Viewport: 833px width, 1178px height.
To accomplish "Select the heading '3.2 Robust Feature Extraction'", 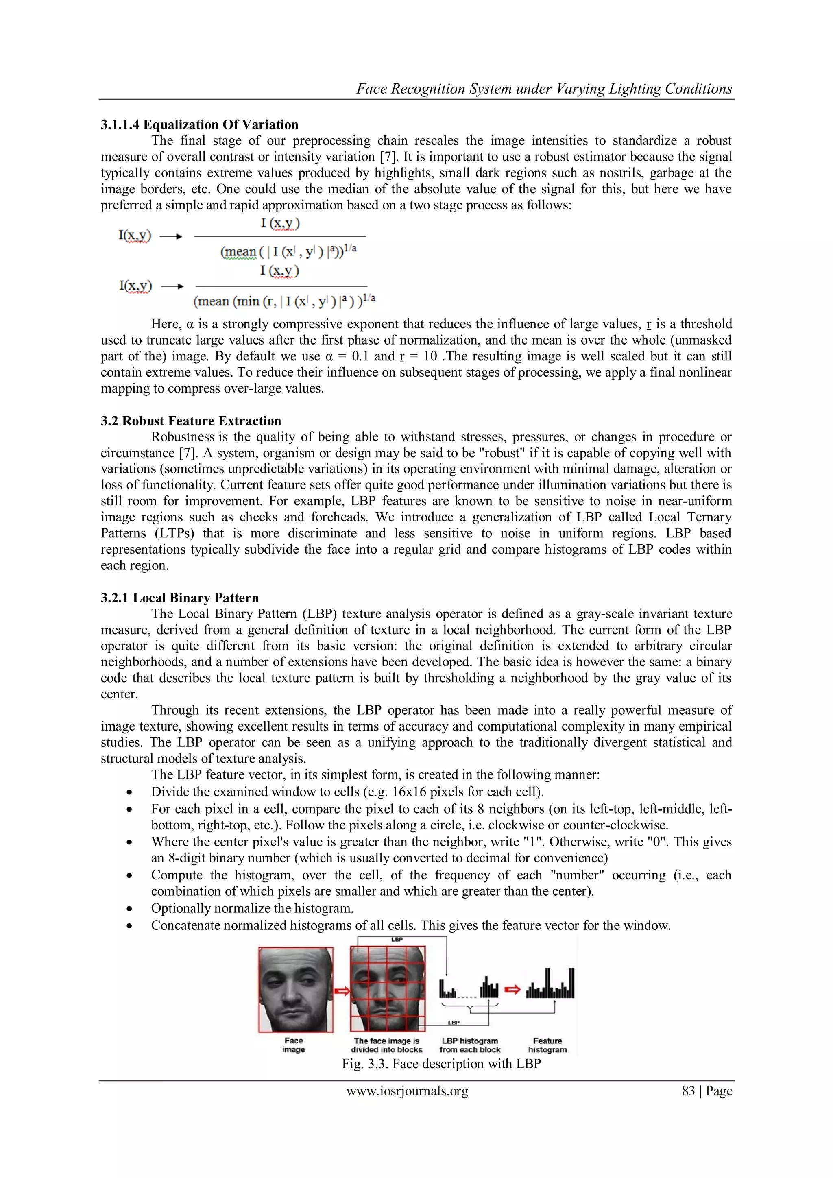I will coord(191,421).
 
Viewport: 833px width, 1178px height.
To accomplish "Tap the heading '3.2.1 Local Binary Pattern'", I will coord(179,598).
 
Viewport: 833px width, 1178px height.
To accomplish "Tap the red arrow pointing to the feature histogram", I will coord(512,989).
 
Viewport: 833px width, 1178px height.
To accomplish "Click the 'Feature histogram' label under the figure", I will coord(547,1045).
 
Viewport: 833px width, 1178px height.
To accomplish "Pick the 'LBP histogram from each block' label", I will coord(469,1045).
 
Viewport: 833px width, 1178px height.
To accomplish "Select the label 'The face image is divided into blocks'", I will coord(386,1045).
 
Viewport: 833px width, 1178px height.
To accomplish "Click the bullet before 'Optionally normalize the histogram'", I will coord(129,909).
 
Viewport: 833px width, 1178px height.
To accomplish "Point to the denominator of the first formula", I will coord(288,251).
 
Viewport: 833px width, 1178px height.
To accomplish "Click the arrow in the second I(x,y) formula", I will coord(172,286).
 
